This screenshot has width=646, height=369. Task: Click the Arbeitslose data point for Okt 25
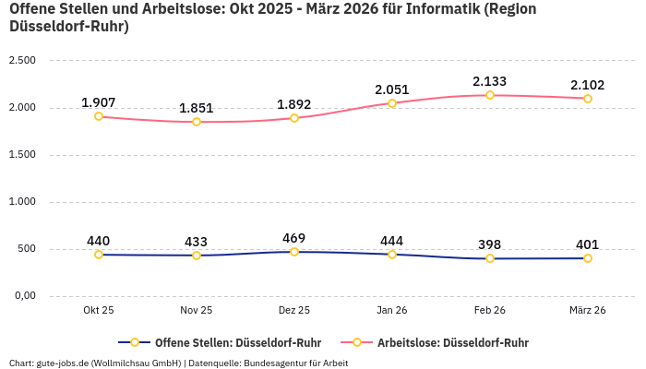point(99,116)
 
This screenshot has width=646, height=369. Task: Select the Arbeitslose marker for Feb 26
point(490,95)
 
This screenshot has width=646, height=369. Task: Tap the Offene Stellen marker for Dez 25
point(294,252)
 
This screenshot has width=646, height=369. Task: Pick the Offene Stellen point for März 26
point(588,258)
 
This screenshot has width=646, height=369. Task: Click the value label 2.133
point(490,81)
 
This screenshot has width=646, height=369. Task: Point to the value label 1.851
point(197,108)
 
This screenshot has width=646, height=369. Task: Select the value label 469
point(294,238)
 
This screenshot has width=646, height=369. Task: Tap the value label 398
point(490,244)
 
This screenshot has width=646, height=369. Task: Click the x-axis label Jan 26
point(392,311)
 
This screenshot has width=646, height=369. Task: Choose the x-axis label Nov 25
point(197,311)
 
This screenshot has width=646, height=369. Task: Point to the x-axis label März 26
point(588,311)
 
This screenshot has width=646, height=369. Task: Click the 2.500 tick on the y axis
point(21,61)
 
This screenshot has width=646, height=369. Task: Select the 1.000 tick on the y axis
point(21,202)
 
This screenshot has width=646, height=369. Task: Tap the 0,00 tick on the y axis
point(23,296)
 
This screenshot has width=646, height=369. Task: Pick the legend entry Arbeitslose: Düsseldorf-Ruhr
point(452,342)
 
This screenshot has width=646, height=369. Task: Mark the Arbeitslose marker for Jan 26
point(392,103)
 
